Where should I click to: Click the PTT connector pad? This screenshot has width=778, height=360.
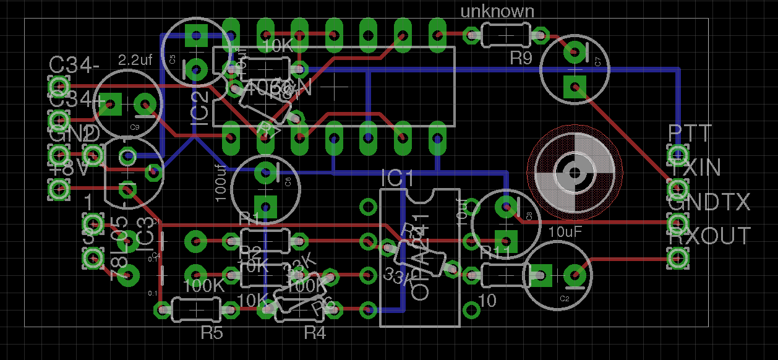(678, 153)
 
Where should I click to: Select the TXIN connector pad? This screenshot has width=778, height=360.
(678, 187)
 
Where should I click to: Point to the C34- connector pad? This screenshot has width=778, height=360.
(59, 85)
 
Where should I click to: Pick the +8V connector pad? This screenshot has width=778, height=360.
(59, 189)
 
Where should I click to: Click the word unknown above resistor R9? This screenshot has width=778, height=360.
(497, 11)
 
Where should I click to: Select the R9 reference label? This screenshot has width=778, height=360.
(521, 59)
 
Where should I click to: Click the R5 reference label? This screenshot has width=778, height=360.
(212, 333)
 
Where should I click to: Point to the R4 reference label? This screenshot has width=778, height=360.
(315, 333)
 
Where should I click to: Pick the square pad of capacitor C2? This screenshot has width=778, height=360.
(541, 275)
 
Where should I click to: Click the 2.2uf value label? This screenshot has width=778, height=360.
(135, 61)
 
